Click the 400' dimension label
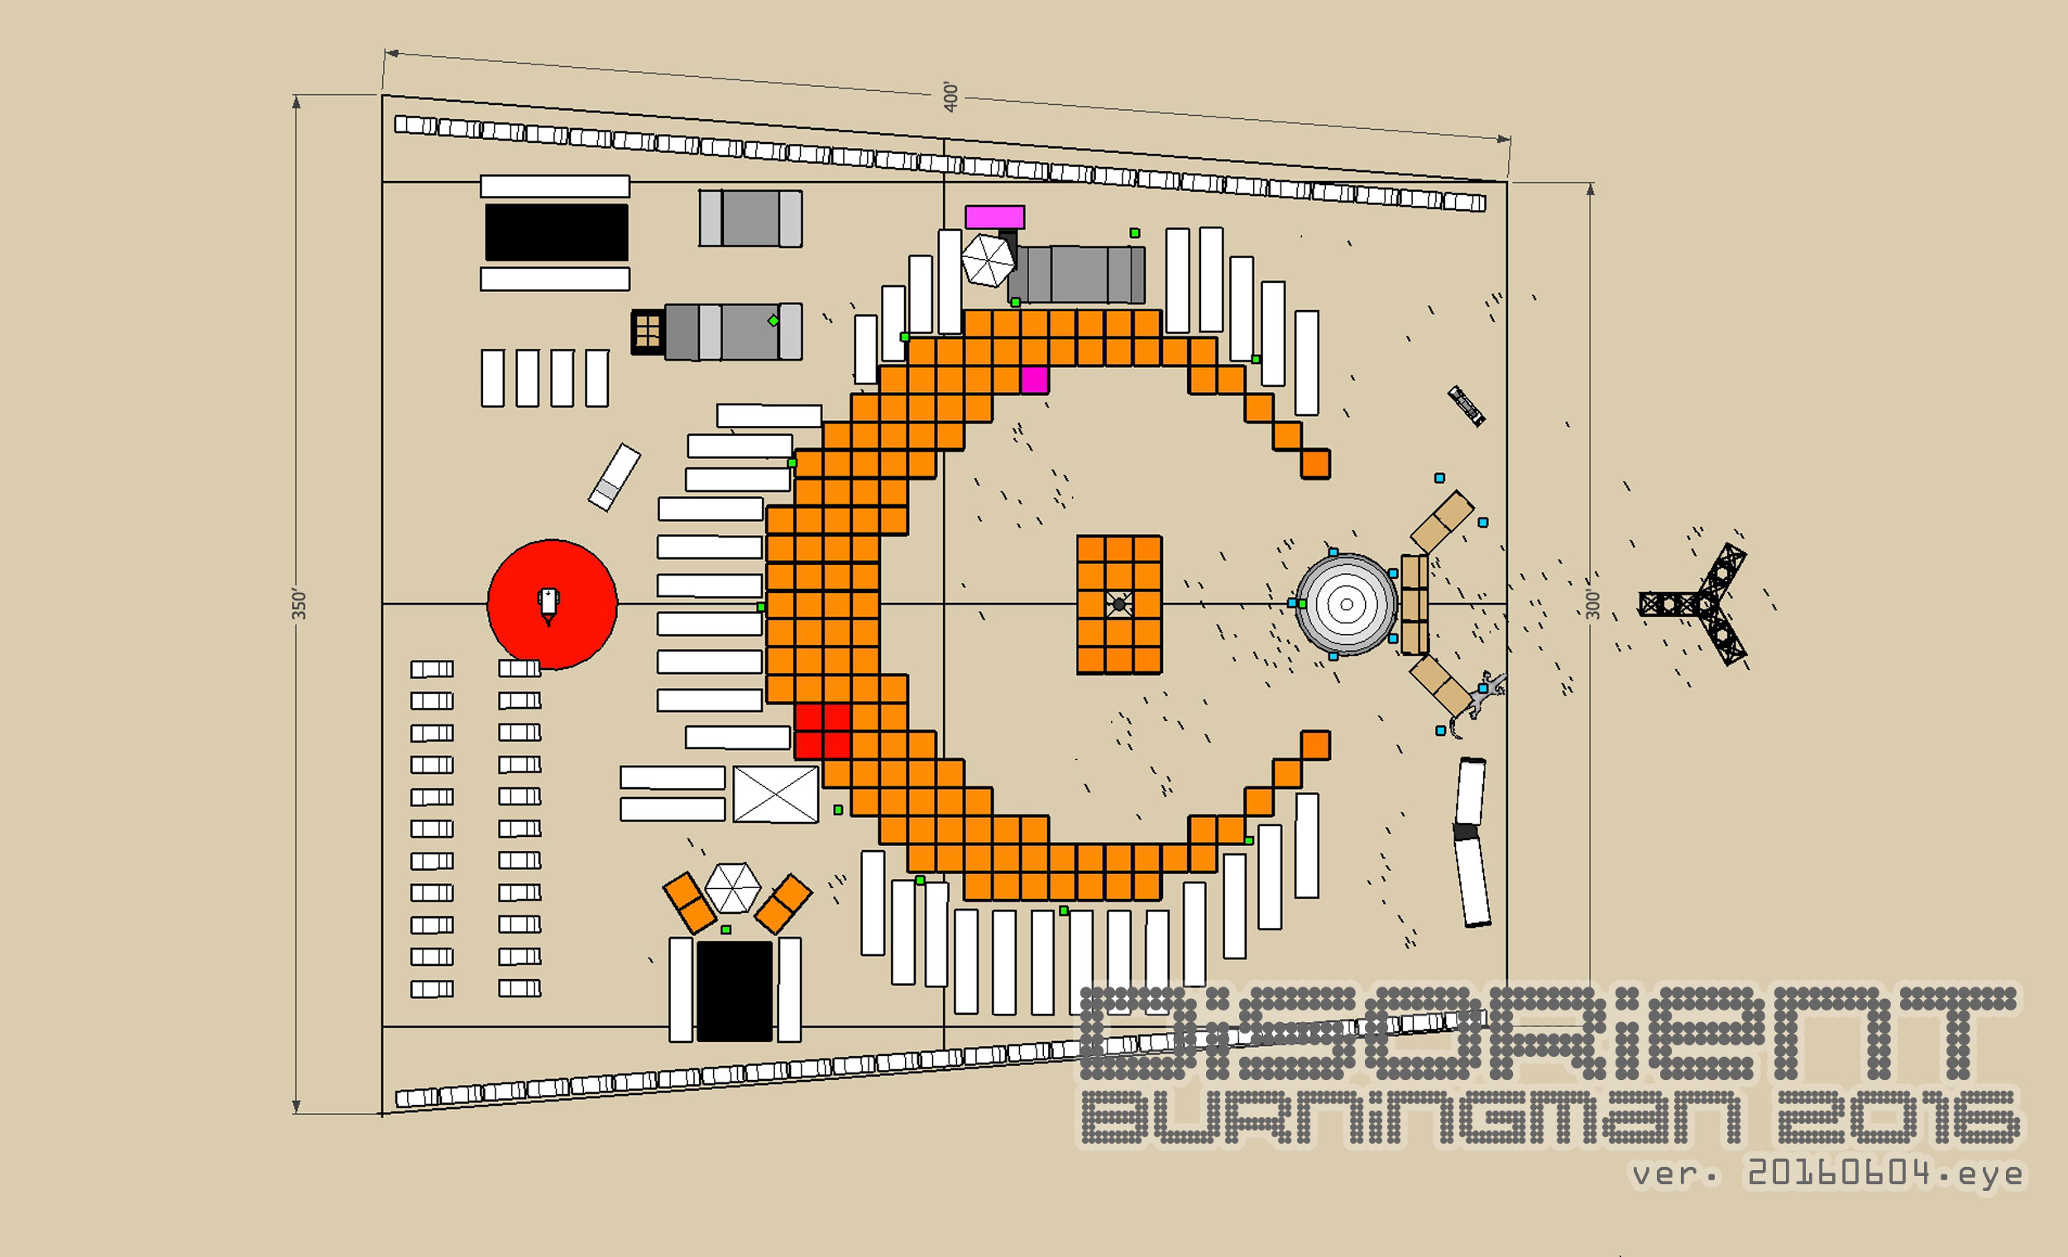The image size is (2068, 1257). click(x=950, y=97)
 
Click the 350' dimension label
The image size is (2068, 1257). click(x=299, y=605)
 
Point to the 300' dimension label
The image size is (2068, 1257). click(x=1593, y=605)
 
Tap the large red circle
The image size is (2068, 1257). click(x=553, y=605)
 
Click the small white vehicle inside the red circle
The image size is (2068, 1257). click(x=548, y=605)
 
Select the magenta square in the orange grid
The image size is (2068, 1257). click(x=1034, y=380)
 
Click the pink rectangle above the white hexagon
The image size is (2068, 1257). click(x=994, y=217)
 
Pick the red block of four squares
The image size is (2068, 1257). click(x=822, y=732)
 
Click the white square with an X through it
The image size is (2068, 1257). click(x=776, y=794)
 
